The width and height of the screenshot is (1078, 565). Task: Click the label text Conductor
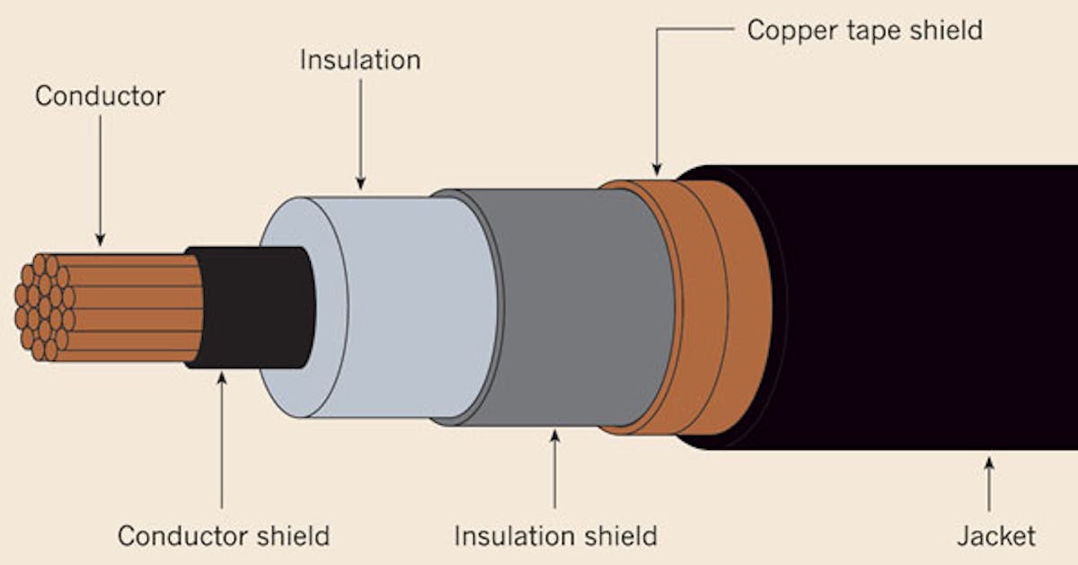coord(100,96)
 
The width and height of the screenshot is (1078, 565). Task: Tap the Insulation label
coord(359,60)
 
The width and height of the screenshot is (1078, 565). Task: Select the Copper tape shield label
coord(864,30)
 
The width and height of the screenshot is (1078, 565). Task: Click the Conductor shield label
coord(223,536)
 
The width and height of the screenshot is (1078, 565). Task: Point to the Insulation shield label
coord(555,536)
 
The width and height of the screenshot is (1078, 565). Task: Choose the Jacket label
coord(995,536)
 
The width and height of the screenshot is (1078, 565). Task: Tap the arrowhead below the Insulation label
coord(360,183)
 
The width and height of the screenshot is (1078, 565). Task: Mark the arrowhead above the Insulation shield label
coord(554,437)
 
